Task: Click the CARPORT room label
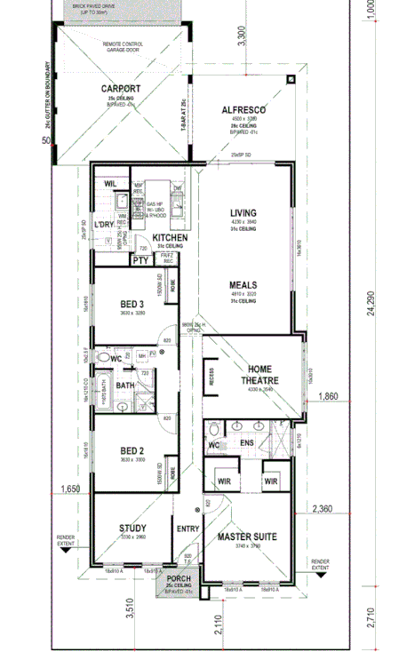pyautogui.click(x=120, y=89)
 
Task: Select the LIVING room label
pyautogui.click(x=243, y=213)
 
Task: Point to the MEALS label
pyautogui.click(x=243, y=285)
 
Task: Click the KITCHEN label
pyautogui.click(x=169, y=238)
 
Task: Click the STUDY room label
pyautogui.click(x=132, y=529)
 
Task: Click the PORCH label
pyautogui.click(x=179, y=579)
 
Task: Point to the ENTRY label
pyautogui.click(x=188, y=529)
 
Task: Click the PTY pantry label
pyautogui.click(x=140, y=260)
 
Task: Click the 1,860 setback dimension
pyautogui.click(x=328, y=396)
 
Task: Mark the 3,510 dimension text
pyautogui.click(x=131, y=610)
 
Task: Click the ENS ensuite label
pyautogui.click(x=246, y=442)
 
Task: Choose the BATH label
pyautogui.click(x=125, y=386)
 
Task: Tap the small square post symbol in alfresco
pyautogui.click(x=291, y=79)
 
